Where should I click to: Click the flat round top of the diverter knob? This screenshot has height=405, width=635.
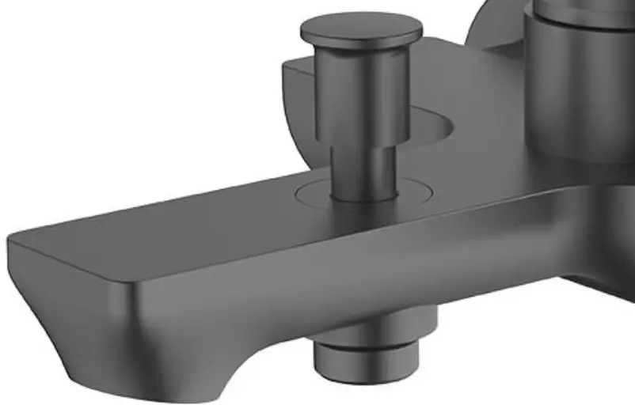coord(360,29)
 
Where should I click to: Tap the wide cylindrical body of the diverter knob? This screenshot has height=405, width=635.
coord(363,95)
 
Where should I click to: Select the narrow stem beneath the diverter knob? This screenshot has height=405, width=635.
coord(363,170)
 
